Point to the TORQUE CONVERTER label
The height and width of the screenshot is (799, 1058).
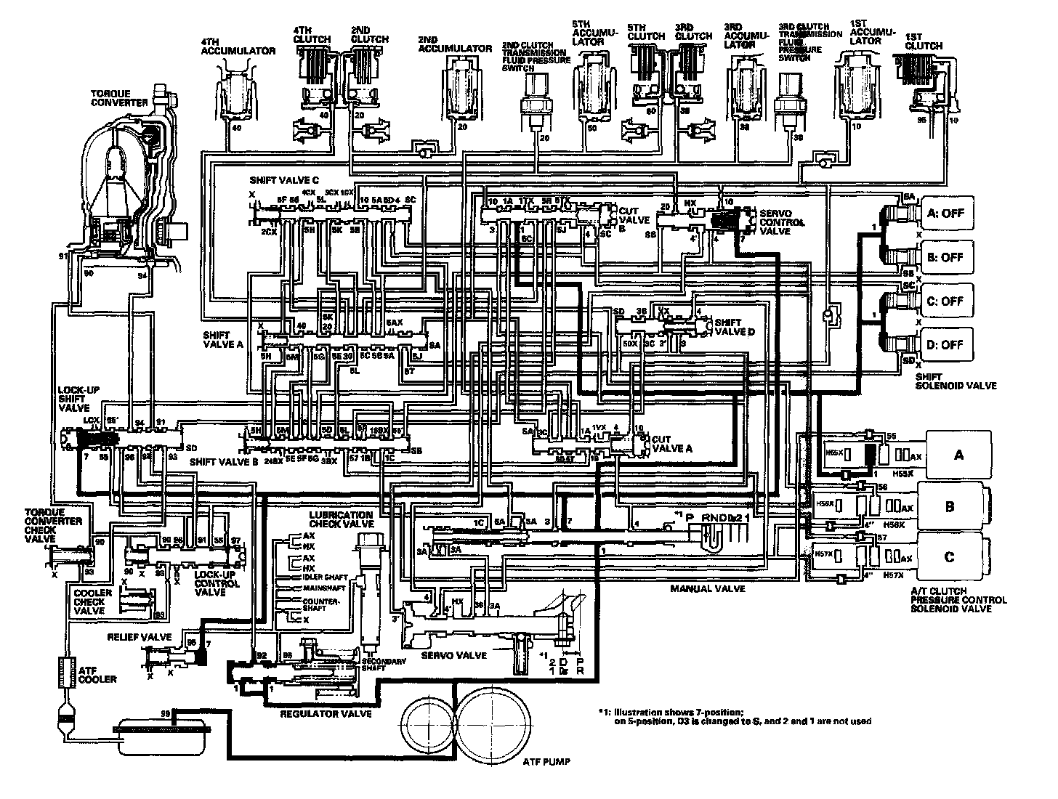[120, 99]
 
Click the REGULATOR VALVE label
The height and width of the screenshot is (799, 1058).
[326, 714]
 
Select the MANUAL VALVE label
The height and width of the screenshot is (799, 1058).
[707, 588]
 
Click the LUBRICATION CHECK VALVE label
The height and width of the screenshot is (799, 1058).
[342, 519]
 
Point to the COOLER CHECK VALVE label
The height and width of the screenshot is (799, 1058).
[94, 601]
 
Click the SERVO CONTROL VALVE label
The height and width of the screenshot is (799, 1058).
[780, 222]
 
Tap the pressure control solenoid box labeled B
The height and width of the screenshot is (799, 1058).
[949, 506]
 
